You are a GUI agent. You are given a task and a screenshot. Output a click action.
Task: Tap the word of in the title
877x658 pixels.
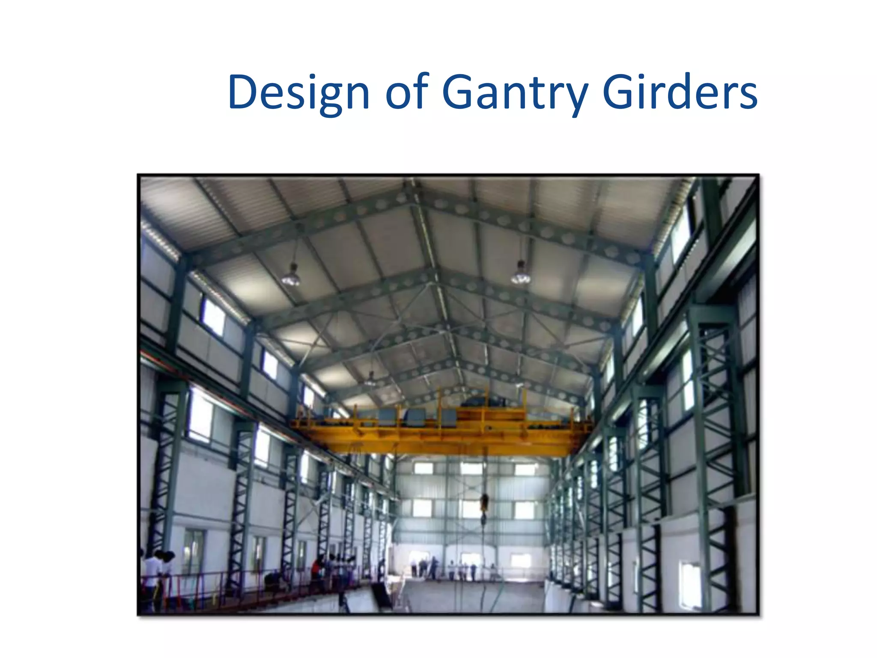point(407,92)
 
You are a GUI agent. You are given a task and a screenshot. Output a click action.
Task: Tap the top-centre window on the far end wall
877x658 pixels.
point(471,468)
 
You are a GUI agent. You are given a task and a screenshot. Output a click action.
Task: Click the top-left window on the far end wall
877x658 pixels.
point(423,468)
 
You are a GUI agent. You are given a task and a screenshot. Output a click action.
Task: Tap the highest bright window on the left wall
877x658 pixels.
point(213,317)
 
